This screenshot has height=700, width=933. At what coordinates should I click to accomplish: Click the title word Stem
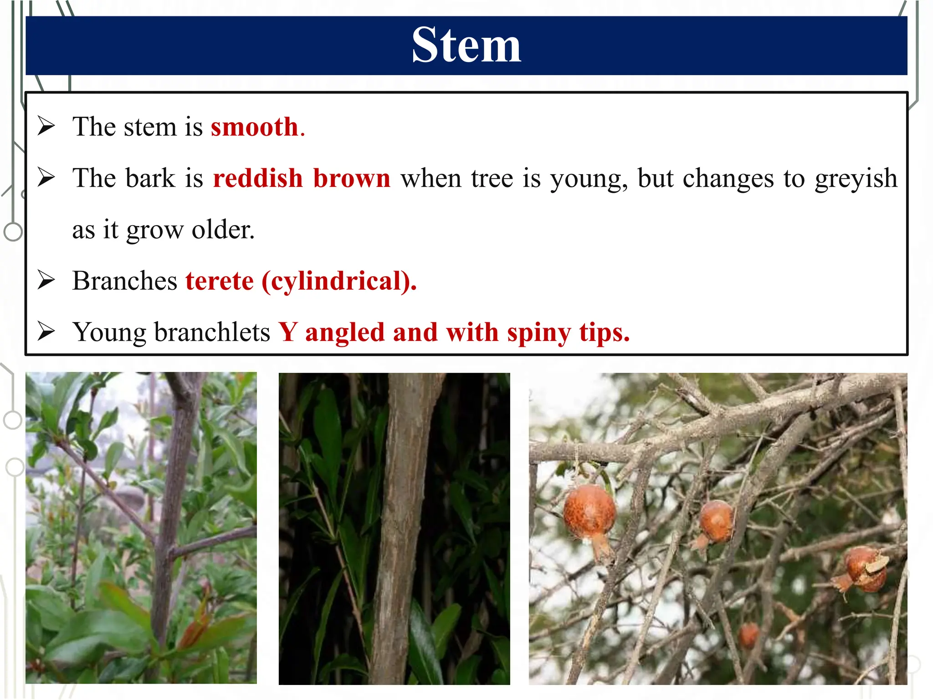point(466,45)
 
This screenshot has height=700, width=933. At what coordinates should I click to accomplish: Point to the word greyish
point(856,179)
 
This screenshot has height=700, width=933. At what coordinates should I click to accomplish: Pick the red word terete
point(219,281)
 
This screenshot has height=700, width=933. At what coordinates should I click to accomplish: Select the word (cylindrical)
point(338,281)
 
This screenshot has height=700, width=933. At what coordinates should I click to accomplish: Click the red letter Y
point(288,332)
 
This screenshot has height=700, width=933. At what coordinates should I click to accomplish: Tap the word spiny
point(538,333)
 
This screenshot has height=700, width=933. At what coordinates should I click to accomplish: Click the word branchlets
point(212,332)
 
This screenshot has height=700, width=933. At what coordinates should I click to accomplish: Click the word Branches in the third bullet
point(124,281)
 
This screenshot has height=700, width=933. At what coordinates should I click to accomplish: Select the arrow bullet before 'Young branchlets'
point(46,331)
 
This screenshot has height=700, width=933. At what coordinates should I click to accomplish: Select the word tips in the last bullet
point(604,333)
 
